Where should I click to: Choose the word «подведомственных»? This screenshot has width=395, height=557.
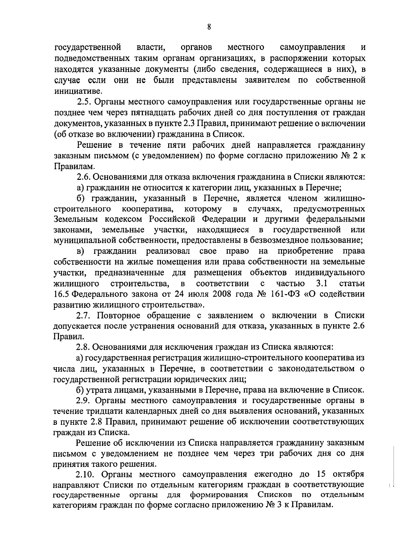point(92,58)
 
